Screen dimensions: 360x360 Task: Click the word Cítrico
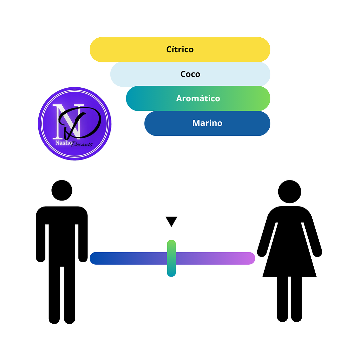tap(180, 49)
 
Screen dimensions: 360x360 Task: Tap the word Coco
tap(190, 74)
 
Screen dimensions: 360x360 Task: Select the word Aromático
tap(198, 98)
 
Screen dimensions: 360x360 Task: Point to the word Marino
tap(207, 123)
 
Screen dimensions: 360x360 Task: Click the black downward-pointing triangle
tap(171, 221)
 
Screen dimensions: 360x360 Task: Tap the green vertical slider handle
tap(171, 258)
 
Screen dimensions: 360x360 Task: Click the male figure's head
tap(62, 190)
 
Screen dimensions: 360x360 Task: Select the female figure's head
tap(290, 192)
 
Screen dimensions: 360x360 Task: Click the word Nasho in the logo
tap(63, 143)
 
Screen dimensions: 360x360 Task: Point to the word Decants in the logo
tap(82, 144)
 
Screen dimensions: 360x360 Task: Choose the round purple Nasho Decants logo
tap(75, 124)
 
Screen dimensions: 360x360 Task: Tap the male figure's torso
tap(62, 237)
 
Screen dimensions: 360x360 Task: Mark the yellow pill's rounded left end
tap(96, 50)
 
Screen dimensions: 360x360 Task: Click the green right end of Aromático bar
tap(264, 98)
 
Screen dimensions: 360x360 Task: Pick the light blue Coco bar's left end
tap(117, 74)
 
